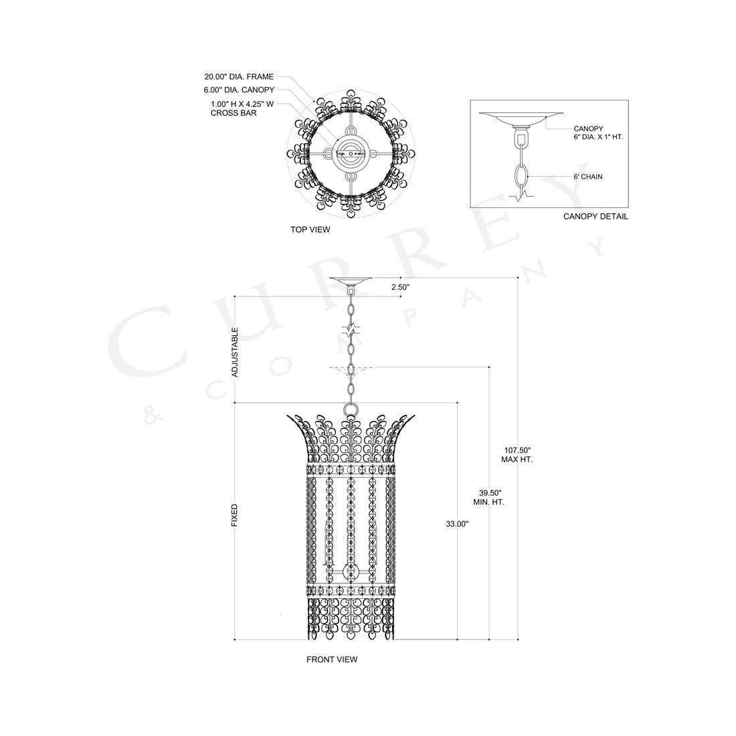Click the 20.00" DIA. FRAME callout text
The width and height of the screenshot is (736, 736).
tap(239, 76)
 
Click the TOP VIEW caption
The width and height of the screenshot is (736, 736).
tap(310, 229)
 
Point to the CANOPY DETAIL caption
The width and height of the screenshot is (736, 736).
tap(595, 216)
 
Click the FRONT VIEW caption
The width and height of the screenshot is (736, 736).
tap(332, 659)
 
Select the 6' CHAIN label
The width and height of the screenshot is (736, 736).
tap(588, 177)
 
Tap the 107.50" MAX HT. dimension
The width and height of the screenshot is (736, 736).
tap(517, 454)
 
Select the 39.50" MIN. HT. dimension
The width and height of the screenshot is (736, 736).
tap(488, 496)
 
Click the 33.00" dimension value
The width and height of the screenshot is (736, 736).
tap(457, 523)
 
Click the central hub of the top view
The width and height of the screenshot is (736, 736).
tap(351, 153)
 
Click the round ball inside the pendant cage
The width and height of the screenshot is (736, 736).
tap(350, 571)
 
